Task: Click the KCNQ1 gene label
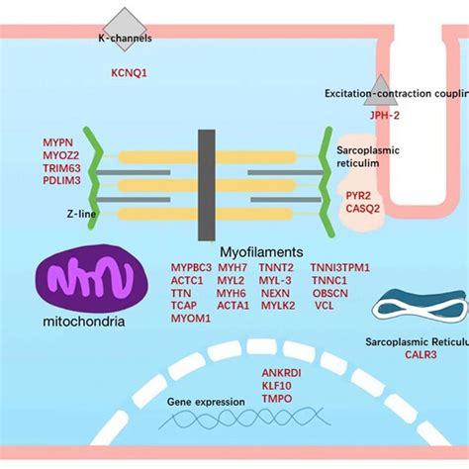coord(129,72)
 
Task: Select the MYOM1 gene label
coord(188,320)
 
